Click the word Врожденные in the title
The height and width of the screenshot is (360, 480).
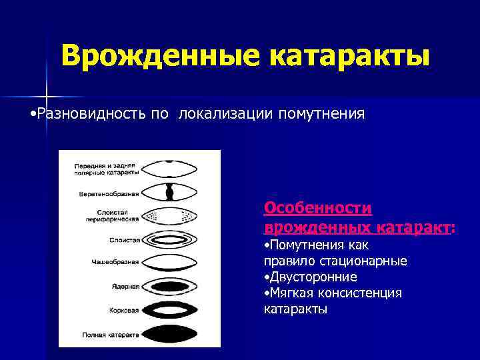tap(159, 56)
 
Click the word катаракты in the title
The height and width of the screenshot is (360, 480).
tap(349, 56)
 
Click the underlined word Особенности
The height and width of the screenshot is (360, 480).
tap(318, 208)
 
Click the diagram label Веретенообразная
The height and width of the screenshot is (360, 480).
tap(106, 194)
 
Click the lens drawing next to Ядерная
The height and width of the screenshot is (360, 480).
tap(171, 285)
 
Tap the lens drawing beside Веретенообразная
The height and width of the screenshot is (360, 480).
tap(171, 192)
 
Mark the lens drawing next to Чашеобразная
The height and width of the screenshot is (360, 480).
tap(171, 261)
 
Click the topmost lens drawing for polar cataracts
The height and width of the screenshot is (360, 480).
tap(171, 168)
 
